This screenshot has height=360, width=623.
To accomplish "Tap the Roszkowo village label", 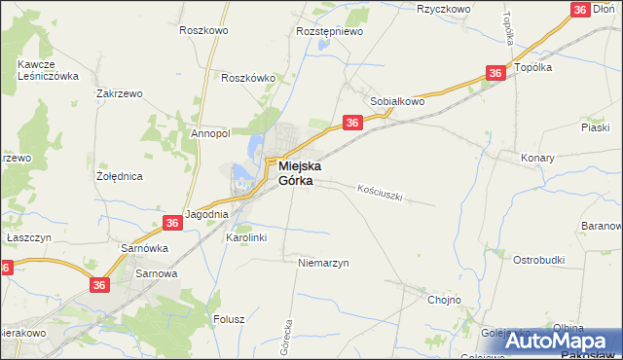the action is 202,30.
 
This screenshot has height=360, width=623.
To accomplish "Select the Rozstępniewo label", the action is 329,31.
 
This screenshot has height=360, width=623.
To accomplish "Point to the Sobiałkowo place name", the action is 398,100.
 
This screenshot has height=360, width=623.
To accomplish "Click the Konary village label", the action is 537,158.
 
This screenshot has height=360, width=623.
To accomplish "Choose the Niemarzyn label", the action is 324,263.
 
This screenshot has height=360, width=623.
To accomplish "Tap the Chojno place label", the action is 444,300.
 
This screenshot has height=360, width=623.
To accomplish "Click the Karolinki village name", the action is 246,236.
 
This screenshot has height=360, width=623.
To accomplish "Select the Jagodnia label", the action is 206,214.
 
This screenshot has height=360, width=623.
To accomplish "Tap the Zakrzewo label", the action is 120,93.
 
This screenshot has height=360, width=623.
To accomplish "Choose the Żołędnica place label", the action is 121,177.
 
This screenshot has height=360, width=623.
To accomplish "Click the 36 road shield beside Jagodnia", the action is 172,223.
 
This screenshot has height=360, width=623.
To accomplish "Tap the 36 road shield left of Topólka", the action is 495,73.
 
